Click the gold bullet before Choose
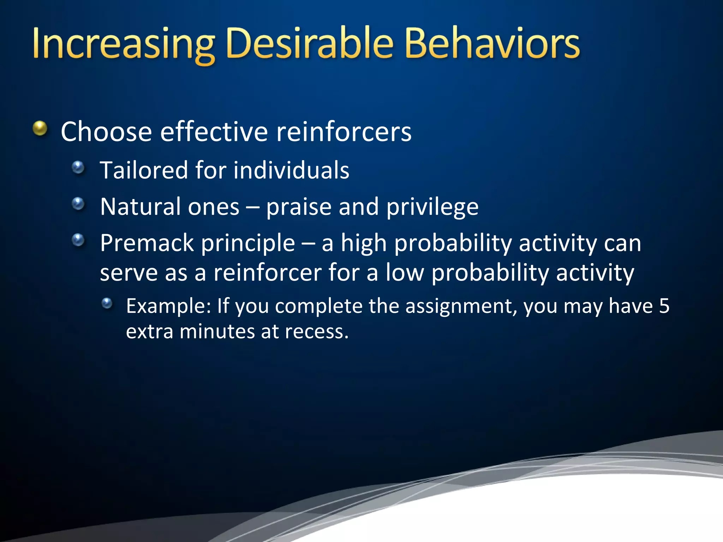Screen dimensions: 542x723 click(40, 128)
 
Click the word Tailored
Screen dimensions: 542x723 click(144, 170)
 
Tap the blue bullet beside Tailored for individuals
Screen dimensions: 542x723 click(78, 167)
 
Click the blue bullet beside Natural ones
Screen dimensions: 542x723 click(78, 204)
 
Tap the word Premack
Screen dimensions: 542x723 click(147, 243)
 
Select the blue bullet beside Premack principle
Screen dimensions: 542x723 click(78, 240)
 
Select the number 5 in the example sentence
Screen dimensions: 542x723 click(664, 306)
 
